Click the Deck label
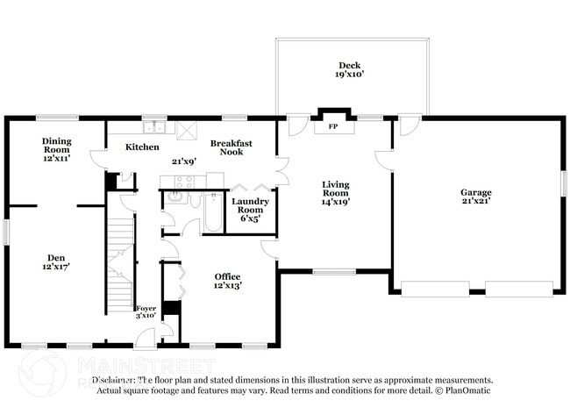[350, 66]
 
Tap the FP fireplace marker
[332, 126]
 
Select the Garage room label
[476, 192]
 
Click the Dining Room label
[56, 145]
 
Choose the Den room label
[56, 258]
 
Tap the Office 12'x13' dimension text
[228, 285]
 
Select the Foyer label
[145, 308]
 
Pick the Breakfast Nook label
[232, 147]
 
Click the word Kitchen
[142, 147]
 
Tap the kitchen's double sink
[155, 125]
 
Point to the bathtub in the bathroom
[213, 213]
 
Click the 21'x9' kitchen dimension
[183, 161]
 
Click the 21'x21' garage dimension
[476, 201]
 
